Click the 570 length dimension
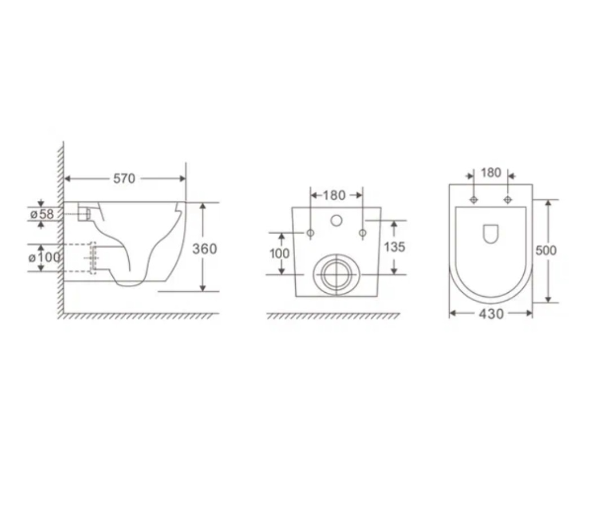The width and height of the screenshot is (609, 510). click(x=124, y=178)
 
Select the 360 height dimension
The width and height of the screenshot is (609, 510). click(x=205, y=249)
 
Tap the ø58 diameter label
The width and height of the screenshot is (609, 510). click(x=42, y=213)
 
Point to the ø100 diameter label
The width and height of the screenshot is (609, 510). click(x=45, y=257)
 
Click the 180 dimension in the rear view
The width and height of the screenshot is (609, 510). click(x=334, y=195)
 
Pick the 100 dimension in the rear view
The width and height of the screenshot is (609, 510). click(x=279, y=253)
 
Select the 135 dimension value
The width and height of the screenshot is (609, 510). click(x=394, y=247)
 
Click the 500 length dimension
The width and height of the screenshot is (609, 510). click(x=546, y=250)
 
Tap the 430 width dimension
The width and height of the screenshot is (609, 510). click(x=491, y=314)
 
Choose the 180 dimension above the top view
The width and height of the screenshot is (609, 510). click(x=491, y=173)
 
